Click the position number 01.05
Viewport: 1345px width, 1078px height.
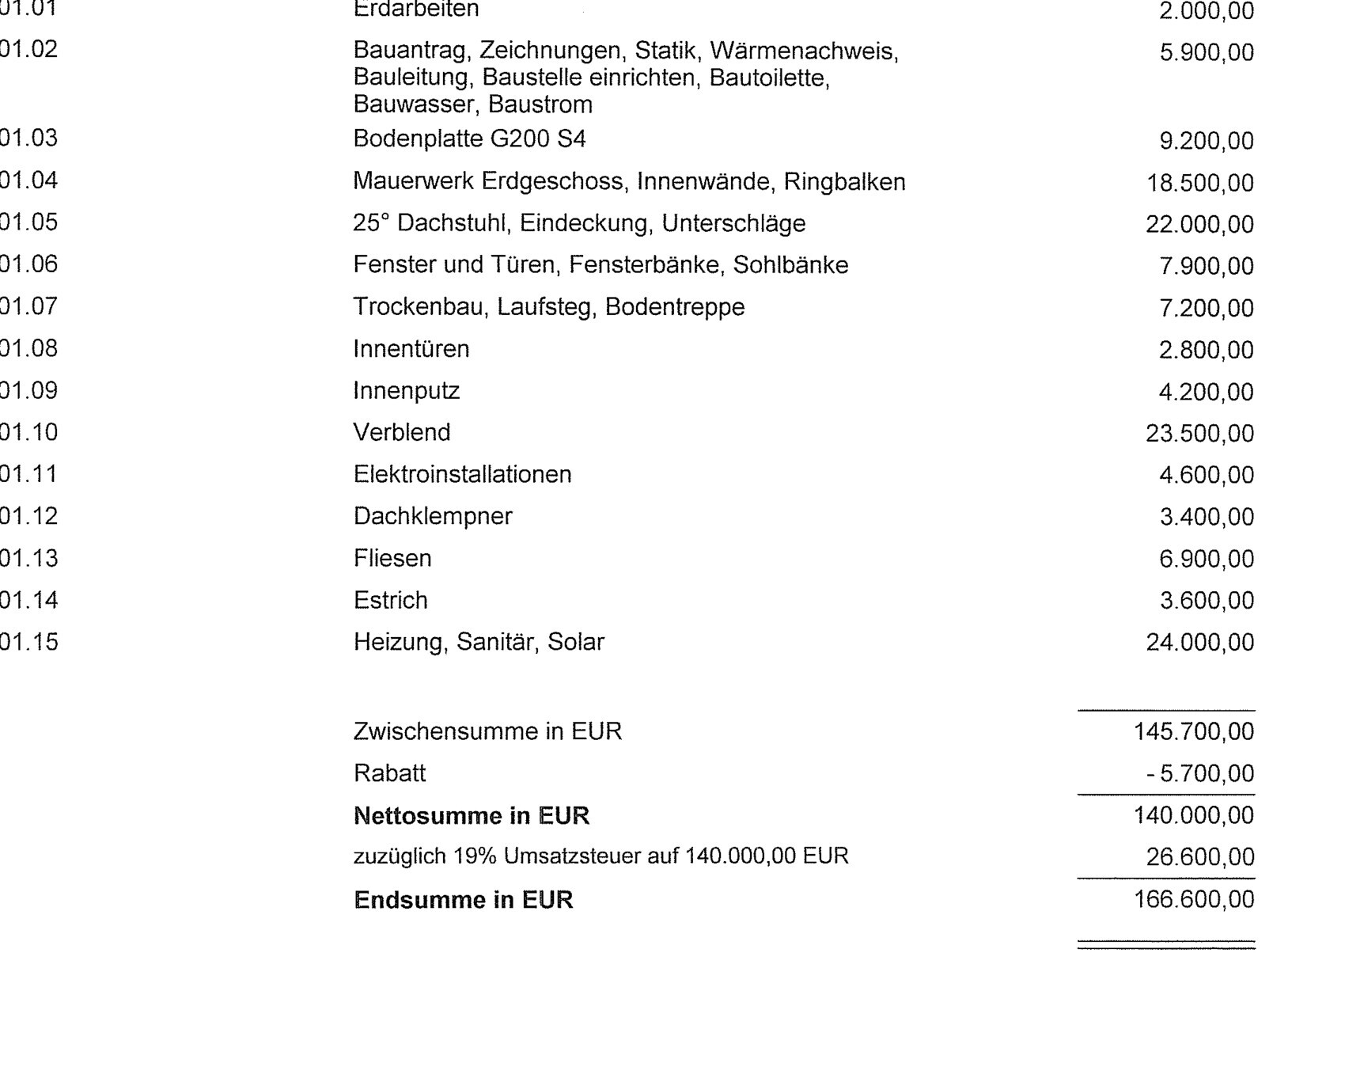click(x=28, y=222)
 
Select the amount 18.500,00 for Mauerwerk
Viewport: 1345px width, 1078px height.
click(x=1199, y=183)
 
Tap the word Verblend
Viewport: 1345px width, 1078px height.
click(x=401, y=432)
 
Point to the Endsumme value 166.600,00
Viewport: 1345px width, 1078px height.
click(x=1193, y=899)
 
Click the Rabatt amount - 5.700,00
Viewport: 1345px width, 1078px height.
click(x=1199, y=773)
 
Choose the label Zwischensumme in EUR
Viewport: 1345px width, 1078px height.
click(x=487, y=731)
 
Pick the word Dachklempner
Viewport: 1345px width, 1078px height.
click(x=433, y=516)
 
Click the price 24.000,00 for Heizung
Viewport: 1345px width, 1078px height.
click(x=1199, y=642)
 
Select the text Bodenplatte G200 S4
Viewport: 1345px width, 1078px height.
click(x=469, y=139)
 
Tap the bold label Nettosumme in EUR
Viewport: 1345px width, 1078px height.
click(x=472, y=815)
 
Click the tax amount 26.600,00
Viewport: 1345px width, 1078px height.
click(x=1199, y=857)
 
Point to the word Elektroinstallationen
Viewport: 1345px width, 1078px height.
click(x=462, y=474)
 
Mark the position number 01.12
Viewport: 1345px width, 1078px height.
click(x=28, y=516)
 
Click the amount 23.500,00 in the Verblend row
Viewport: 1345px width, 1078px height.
click(x=1199, y=434)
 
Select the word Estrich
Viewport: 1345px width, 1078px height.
click(x=390, y=600)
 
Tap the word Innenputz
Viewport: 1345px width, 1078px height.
click(x=406, y=391)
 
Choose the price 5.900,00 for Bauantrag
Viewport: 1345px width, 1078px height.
click(x=1206, y=53)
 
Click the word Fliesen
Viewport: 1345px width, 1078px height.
click(x=392, y=558)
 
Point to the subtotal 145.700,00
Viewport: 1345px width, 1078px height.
click(x=1193, y=731)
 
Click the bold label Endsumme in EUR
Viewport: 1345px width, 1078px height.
click(x=464, y=900)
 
